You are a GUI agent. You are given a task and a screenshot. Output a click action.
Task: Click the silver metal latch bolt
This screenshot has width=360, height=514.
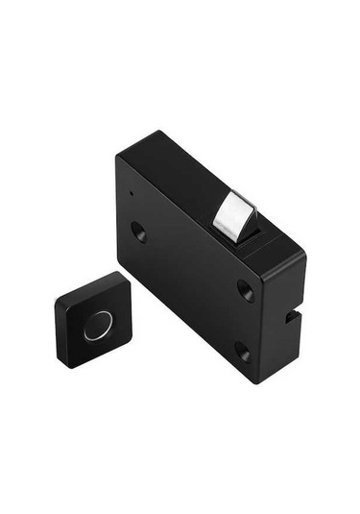point(232,215)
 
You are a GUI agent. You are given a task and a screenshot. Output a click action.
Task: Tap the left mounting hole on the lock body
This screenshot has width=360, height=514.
point(138,232)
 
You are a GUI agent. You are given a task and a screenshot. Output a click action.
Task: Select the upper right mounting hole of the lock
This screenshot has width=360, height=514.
point(247,290)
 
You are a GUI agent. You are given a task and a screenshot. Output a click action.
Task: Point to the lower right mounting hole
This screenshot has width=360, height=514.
point(242,351)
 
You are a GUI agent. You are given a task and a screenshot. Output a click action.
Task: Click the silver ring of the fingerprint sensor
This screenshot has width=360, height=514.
point(97,326)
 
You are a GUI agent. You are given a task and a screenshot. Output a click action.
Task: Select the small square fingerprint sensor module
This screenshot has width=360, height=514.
point(93,319)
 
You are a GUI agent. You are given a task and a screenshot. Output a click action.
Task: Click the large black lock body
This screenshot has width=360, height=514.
point(192,279)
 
